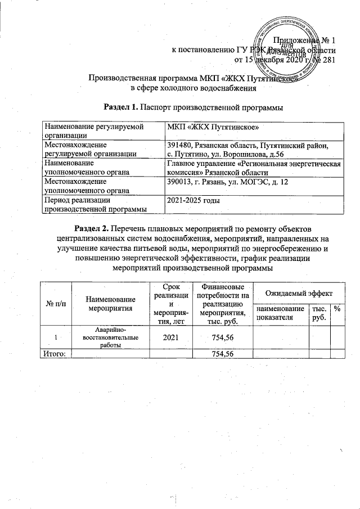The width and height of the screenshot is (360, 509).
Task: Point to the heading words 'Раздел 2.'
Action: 92,229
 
